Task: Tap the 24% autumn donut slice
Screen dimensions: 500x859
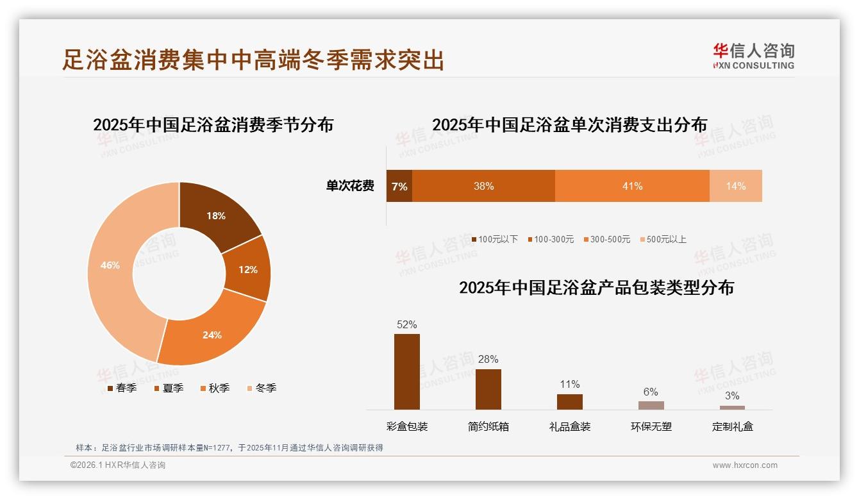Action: coord(212,334)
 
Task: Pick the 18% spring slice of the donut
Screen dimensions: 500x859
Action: coord(217,216)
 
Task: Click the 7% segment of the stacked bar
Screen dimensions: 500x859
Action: coord(399,186)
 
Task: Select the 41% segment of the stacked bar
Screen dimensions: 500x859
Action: coord(632,186)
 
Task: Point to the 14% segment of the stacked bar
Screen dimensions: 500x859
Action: coord(736,186)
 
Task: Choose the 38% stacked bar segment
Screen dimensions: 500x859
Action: coord(483,186)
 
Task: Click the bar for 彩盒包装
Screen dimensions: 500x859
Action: coord(407,372)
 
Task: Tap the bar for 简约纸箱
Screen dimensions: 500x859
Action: coord(488,389)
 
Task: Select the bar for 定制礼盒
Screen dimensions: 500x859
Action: coord(732,407)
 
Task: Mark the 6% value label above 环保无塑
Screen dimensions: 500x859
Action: coord(651,392)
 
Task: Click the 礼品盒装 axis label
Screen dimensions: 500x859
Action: coord(570,426)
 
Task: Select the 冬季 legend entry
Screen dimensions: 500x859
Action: coord(262,388)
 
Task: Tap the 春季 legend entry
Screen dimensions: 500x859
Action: coord(122,388)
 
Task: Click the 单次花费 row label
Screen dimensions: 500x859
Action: coord(350,186)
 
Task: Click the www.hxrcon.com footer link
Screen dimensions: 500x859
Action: coord(745,465)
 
